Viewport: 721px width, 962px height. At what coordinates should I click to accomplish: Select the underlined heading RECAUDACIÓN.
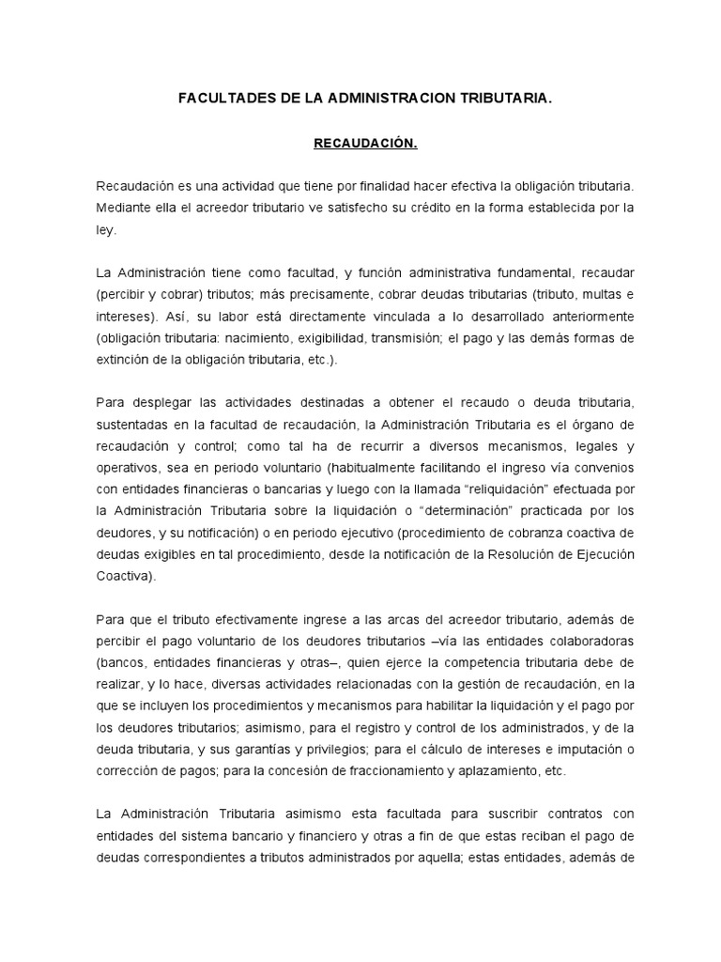point(364,144)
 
